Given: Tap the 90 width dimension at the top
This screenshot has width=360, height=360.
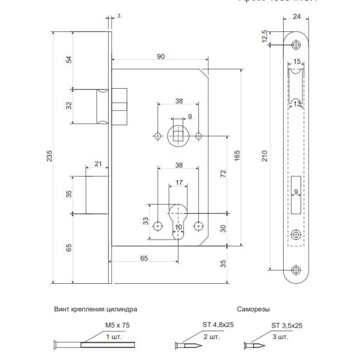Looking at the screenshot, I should pos(160,56).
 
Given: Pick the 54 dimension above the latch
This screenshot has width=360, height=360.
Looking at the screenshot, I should pos(68,60).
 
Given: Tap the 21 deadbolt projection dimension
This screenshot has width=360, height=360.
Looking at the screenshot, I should pos(98,164).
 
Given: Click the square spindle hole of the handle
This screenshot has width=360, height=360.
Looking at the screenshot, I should pos(179,136).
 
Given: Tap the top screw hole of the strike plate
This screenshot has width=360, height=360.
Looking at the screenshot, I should pos(297,44).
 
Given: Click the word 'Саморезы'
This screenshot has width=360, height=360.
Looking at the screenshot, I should pos(253,309).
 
